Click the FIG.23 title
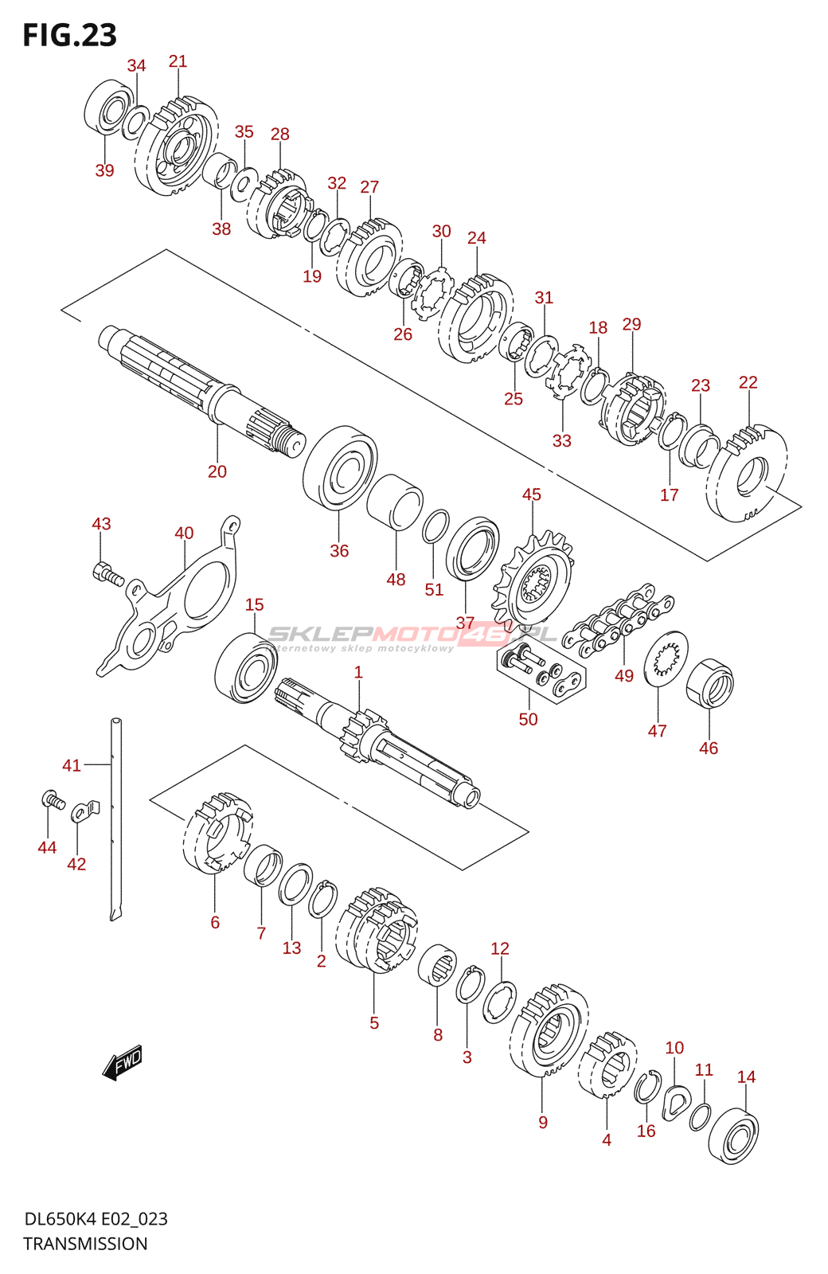click(69, 35)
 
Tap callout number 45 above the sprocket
click(531, 494)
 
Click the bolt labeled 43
click(107, 573)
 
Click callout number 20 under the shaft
click(217, 471)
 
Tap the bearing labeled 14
click(733, 1135)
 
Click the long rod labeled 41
click(116, 820)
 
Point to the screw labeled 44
click(53, 799)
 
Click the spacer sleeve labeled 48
click(395, 502)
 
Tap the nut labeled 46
click(709, 684)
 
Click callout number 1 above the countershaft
click(358, 672)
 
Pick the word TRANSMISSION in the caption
click(85, 1244)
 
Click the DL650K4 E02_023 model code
click(96, 1219)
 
